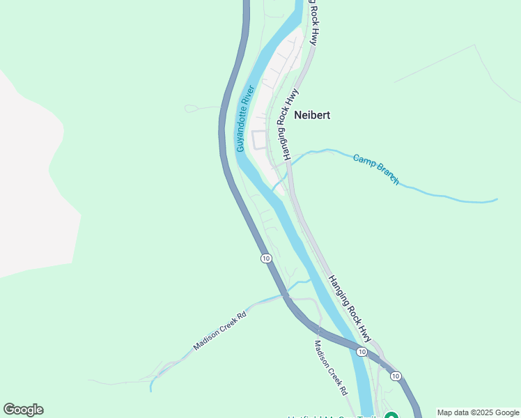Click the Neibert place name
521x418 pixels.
click(x=311, y=116)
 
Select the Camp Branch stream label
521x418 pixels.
click(x=376, y=169)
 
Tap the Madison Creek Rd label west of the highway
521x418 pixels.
click(x=220, y=331)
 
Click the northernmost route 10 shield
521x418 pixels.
click(x=266, y=258)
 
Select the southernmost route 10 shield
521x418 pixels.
click(x=396, y=376)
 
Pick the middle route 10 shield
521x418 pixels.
click(x=361, y=352)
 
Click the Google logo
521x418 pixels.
click(x=23, y=410)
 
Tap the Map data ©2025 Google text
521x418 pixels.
click(x=479, y=412)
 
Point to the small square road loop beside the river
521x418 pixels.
click(x=259, y=139)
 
